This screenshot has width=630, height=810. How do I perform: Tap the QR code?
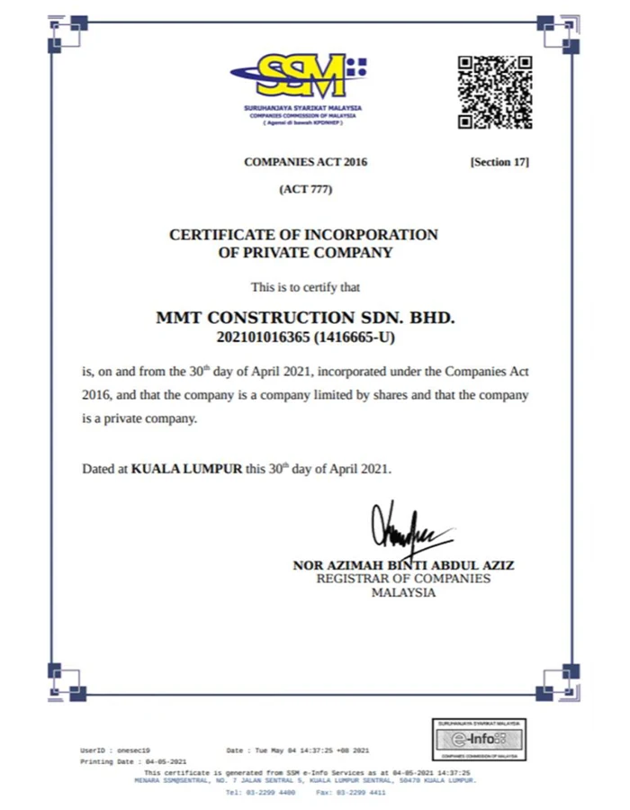tap(494, 92)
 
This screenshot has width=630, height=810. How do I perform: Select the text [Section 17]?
tap(499, 162)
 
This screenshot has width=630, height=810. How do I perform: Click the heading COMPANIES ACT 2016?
tap(306, 162)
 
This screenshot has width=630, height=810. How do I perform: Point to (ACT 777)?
tap(306, 192)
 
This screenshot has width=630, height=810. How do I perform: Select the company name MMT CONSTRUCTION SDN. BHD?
tap(306, 318)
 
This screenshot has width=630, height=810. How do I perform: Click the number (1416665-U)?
tap(354, 337)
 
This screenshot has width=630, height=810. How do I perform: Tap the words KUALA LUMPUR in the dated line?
tap(187, 469)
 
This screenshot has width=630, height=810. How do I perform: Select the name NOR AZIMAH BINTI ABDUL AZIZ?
tap(403, 565)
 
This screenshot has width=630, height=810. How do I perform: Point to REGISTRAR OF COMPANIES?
tap(403, 579)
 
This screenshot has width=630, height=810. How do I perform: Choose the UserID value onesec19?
tap(133, 750)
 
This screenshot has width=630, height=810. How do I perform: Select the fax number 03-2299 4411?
tap(364, 793)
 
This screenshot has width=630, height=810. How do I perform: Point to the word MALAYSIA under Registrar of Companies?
tap(403, 592)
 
